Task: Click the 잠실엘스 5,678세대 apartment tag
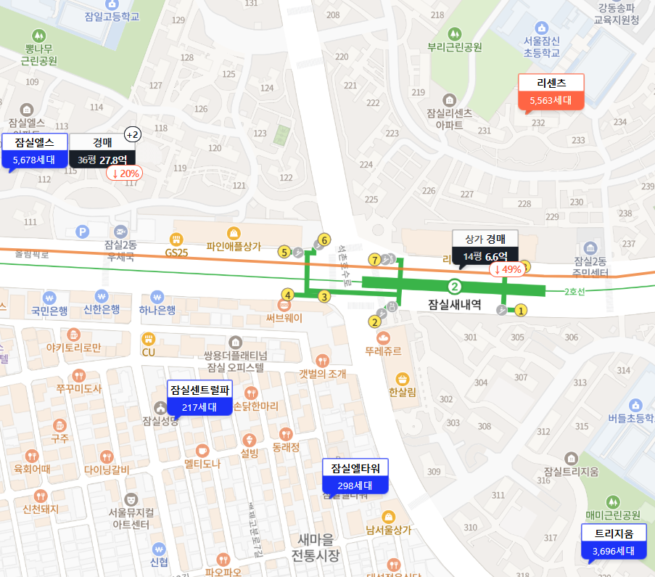(34, 151)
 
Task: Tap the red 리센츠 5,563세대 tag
(551, 92)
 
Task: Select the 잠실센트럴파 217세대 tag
(199, 398)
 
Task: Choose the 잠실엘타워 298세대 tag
(355, 476)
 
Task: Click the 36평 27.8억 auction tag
(102, 151)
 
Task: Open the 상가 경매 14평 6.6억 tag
(485, 247)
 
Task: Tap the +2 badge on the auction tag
(133, 134)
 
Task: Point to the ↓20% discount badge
(124, 173)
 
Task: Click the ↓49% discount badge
(508, 269)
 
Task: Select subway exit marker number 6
(324, 240)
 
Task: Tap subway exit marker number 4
(288, 295)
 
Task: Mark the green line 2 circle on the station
(455, 286)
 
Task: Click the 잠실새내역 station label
(456, 305)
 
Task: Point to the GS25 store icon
(176, 239)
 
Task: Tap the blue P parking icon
(83, 232)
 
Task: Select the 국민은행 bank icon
(49, 298)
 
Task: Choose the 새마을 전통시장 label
(315, 548)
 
